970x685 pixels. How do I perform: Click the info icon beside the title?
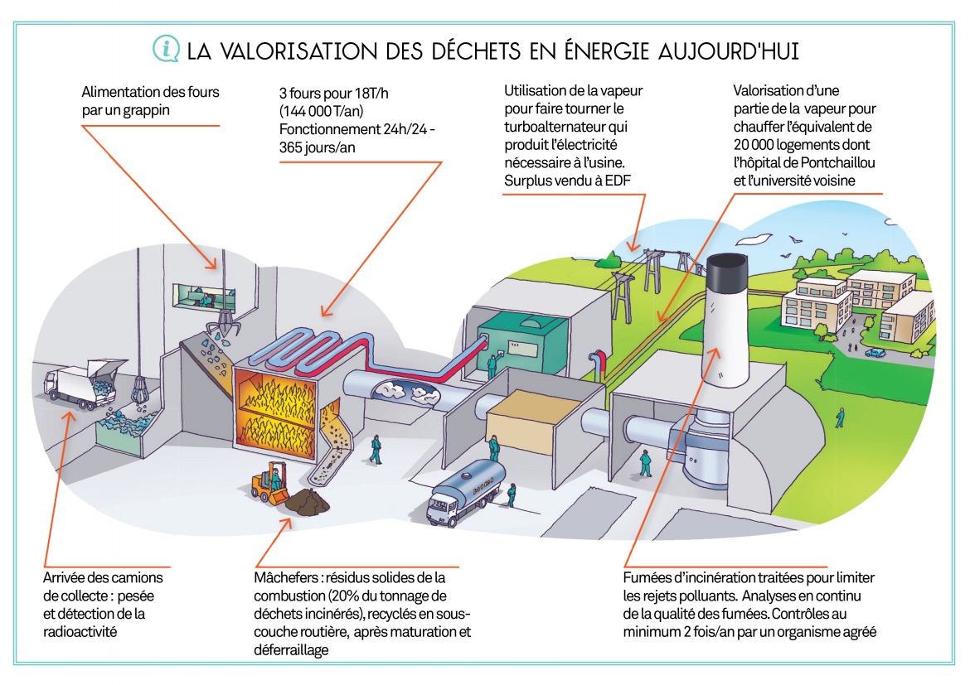click(x=166, y=49)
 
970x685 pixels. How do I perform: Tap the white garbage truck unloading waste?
click(x=80, y=384)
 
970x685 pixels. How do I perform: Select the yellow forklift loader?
click(x=270, y=482)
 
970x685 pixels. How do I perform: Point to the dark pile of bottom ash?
click(x=308, y=500)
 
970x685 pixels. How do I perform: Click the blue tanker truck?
click(x=466, y=491)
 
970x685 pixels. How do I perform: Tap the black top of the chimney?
click(x=727, y=273)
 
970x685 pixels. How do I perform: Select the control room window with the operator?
click(x=204, y=296)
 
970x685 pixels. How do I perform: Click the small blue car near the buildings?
click(x=875, y=352)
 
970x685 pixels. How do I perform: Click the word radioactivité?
click(x=80, y=631)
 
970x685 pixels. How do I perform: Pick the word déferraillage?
click(x=291, y=650)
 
